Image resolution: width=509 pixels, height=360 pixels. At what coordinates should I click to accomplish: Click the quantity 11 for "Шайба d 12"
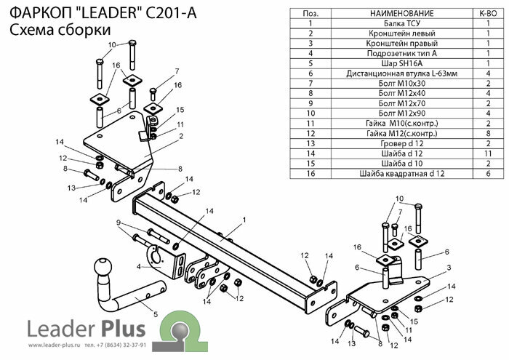point(486,154)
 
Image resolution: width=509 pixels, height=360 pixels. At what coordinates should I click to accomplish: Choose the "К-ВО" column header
point(486,13)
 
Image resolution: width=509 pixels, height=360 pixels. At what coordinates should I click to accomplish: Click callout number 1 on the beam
point(245,219)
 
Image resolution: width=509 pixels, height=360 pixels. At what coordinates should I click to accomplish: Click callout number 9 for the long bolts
point(116,222)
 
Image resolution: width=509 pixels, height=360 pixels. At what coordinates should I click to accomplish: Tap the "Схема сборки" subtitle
point(48,31)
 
